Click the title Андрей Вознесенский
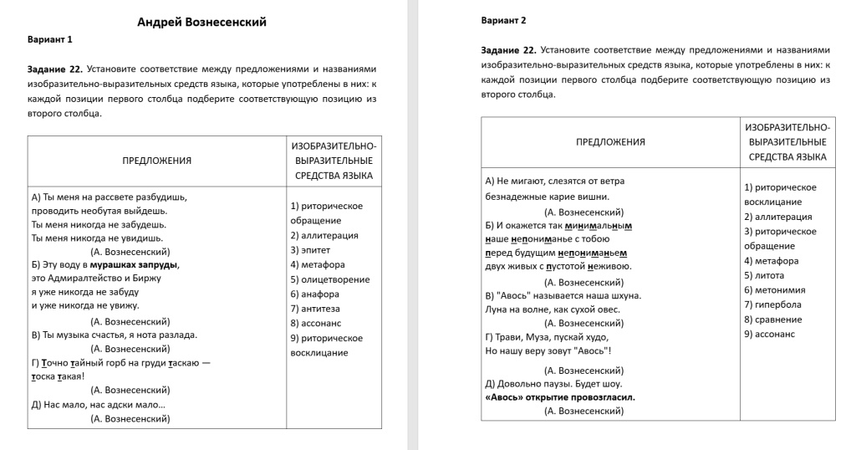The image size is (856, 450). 201,23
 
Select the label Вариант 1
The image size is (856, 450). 50,39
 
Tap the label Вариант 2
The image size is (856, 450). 504,20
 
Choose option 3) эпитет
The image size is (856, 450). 310,249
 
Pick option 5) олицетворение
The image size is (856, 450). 329,279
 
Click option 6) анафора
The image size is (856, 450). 314,294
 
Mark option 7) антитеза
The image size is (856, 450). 315,309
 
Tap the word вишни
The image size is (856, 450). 595,197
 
